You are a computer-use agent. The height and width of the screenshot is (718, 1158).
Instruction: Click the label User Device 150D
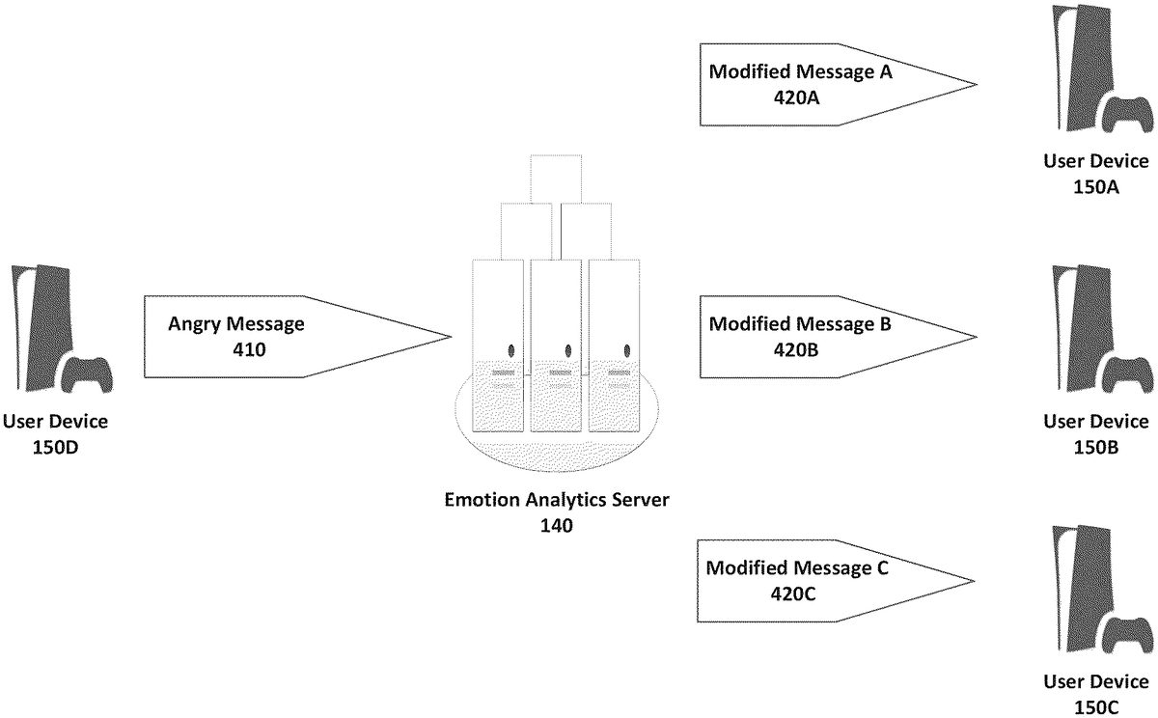coord(55,433)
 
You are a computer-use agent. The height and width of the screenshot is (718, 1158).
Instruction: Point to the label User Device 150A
coord(1096,175)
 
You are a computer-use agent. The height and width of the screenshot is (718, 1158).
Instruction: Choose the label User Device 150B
coord(1096,433)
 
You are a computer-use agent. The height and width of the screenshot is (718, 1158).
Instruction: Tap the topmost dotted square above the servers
coord(556,178)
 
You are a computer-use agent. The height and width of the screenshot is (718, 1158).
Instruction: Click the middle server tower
coord(556,343)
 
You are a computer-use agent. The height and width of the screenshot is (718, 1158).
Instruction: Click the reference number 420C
coord(794,593)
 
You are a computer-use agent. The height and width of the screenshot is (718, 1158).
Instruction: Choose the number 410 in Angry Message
coord(236,348)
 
